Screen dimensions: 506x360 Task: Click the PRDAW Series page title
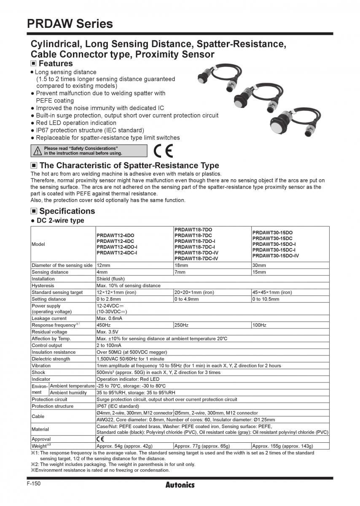click(70, 24)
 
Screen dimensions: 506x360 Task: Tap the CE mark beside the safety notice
click(163, 151)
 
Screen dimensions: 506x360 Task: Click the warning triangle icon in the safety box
click(38, 151)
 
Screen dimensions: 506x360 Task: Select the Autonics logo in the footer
click(180, 485)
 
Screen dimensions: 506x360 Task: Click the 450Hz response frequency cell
click(104, 325)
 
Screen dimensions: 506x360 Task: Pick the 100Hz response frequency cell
click(260, 325)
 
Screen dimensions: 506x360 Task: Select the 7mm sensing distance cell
click(180, 272)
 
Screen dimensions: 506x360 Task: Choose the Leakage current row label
click(49, 318)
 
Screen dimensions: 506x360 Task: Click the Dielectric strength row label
click(51, 359)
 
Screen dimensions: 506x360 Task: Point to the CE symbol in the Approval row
click(100, 439)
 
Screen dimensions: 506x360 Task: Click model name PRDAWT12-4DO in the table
click(116, 235)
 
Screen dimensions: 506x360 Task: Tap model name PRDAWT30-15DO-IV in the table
click(276, 256)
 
